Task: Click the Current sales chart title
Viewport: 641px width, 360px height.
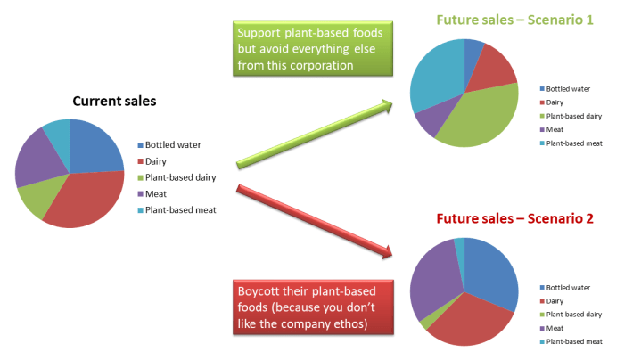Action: point(114,101)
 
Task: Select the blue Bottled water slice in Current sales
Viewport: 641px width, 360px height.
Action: point(94,147)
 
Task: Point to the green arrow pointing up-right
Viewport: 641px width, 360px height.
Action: point(316,134)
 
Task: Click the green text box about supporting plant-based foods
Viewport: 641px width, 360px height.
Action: point(315,50)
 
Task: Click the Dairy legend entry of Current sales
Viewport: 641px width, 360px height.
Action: point(155,161)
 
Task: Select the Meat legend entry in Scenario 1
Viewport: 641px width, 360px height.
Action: point(557,128)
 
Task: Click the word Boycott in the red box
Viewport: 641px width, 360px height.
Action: point(259,293)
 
